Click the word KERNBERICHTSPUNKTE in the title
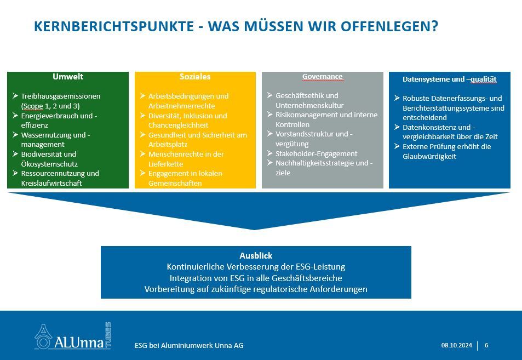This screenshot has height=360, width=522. pyautogui.click(x=114, y=26)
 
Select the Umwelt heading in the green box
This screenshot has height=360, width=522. pyautogui.click(x=68, y=77)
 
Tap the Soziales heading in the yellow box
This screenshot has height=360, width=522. pyautogui.click(x=195, y=77)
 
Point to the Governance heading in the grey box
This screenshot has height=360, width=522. pyautogui.click(x=322, y=77)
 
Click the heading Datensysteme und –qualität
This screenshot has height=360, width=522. pyautogui.click(x=450, y=79)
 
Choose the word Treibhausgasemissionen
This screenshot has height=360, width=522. pyautogui.click(x=61, y=96)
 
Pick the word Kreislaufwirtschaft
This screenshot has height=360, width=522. pyautogui.click(x=51, y=183)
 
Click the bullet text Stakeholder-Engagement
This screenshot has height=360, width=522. pyautogui.click(x=316, y=153)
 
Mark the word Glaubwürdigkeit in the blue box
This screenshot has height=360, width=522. pyautogui.click(x=429, y=157)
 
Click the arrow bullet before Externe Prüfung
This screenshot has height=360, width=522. pyautogui.click(x=397, y=146)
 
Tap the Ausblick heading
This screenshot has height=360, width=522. pyautogui.click(x=256, y=256)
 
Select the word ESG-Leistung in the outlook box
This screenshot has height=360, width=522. pyautogui.click(x=320, y=267)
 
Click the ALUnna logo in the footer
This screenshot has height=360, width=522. pyautogui.click(x=73, y=336)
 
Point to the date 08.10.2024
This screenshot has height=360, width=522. pyautogui.click(x=457, y=345)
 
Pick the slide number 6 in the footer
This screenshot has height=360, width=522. pyautogui.click(x=486, y=345)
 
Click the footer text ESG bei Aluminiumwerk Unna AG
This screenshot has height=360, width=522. pyautogui.click(x=189, y=346)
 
